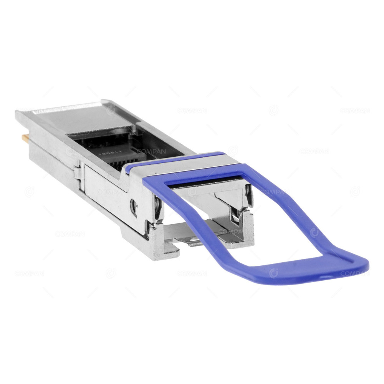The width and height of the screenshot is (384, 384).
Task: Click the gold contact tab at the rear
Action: pyautogui.click(x=24, y=137)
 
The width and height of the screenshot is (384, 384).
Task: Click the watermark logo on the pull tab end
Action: pyautogui.click(x=273, y=273)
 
